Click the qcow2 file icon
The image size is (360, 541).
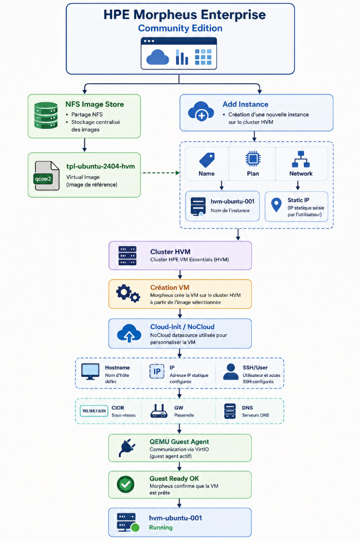point(47,176)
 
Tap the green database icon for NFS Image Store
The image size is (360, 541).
point(46,115)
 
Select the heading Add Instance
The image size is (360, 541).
point(245,104)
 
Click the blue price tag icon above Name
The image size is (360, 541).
point(207,160)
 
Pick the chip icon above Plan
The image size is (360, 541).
point(253,159)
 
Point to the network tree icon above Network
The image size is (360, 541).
point(301,159)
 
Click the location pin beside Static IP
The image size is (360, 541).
point(276,204)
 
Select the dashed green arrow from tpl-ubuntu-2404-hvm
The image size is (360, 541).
point(161,173)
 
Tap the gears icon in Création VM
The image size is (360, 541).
point(128,294)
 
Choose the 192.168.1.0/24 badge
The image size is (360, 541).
point(94,411)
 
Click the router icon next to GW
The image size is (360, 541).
point(159,411)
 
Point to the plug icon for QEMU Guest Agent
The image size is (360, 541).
point(126,448)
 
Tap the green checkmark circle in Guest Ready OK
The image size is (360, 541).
point(126,484)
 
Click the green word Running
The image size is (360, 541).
point(160,527)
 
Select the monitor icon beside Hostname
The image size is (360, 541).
point(90,371)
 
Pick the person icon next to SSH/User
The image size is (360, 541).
point(231,371)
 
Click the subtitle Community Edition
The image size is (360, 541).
point(180,28)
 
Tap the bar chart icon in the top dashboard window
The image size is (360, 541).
point(182,57)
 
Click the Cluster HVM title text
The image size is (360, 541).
point(170,252)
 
